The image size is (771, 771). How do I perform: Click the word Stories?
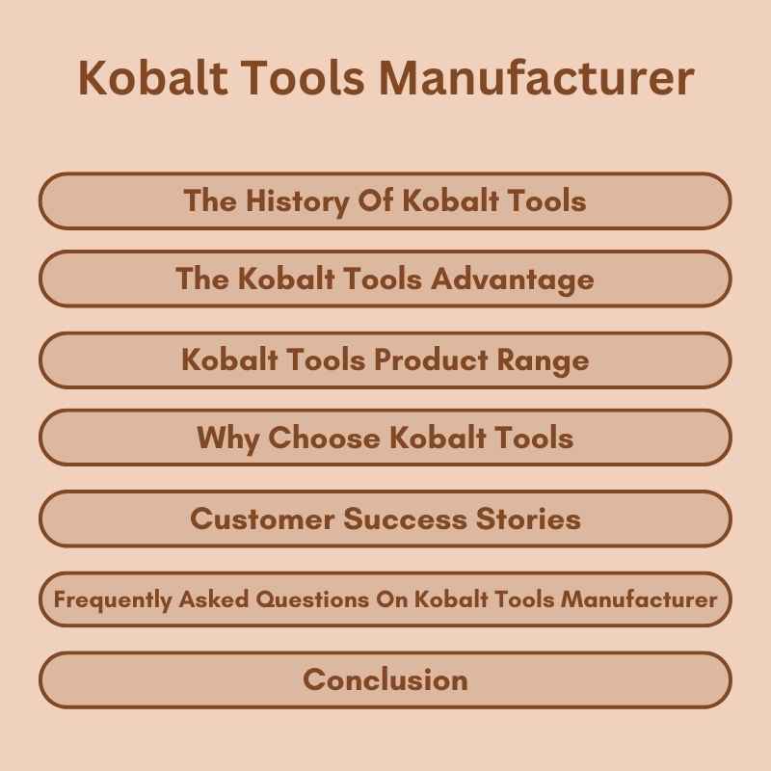click(x=529, y=518)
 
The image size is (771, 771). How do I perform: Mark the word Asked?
click(x=214, y=599)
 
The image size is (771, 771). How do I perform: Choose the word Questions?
click(x=316, y=599)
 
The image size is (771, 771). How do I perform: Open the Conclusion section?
click(x=385, y=679)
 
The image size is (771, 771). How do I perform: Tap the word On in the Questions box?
click(x=396, y=599)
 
